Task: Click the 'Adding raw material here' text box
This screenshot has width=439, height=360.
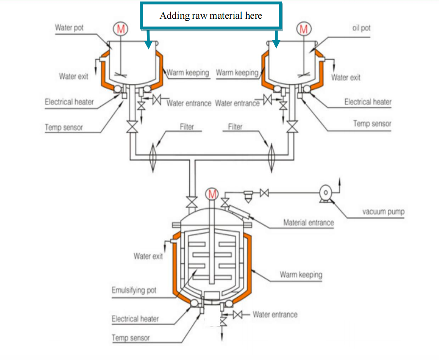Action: point(211,16)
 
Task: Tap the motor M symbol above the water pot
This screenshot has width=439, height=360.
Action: point(120,28)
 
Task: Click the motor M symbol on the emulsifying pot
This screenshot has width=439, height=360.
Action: point(211,194)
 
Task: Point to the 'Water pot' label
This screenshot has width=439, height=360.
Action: point(69,28)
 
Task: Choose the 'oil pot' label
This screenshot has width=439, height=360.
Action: point(361,28)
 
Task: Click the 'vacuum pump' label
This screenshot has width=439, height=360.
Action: point(383,211)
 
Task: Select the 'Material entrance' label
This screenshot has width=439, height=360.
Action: point(308,222)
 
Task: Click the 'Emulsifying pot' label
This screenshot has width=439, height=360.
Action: point(134,290)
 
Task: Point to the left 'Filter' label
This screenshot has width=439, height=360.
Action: point(187,126)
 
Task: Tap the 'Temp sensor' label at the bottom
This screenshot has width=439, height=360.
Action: point(131,338)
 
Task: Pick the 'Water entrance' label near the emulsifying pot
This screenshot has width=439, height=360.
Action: point(275,315)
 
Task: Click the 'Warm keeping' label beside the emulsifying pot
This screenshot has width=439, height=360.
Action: point(301,274)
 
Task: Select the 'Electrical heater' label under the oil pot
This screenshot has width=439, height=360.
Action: point(368,102)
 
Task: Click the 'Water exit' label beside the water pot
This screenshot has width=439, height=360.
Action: point(73,76)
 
